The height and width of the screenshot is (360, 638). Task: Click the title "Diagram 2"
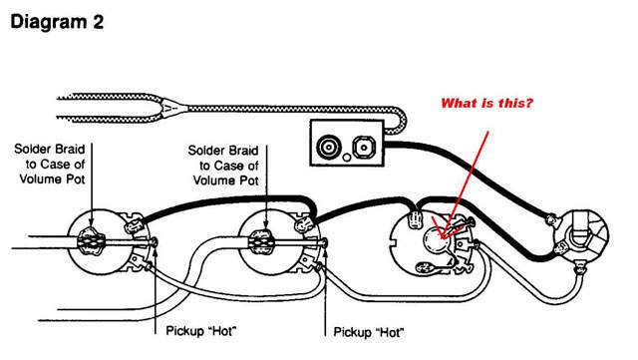point(57,22)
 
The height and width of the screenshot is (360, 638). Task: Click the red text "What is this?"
point(486,103)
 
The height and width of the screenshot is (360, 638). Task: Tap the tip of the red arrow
point(442,238)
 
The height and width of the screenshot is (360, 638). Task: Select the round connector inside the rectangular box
point(328,147)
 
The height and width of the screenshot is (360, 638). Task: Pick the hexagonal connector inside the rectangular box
point(363,147)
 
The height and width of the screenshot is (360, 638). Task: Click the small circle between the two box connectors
point(347,158)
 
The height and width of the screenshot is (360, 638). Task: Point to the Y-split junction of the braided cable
point(170,109)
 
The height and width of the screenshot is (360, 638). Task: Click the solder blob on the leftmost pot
point(91,241)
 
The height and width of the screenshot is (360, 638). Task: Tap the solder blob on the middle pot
point(261,242)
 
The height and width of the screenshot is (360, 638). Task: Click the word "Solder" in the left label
point(32,149)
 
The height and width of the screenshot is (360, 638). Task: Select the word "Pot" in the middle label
point(248,180)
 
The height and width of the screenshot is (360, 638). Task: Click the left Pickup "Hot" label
point(201,330)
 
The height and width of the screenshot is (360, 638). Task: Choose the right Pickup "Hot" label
point(369,332)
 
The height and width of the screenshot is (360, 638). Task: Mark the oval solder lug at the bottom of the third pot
point(426,267)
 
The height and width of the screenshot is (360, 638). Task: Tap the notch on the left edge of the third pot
point(393,246)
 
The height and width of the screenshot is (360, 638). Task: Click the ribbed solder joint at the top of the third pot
point(415,220)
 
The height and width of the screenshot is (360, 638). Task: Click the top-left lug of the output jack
point(551,220)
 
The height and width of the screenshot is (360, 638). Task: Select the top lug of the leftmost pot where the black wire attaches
point(134,223)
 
